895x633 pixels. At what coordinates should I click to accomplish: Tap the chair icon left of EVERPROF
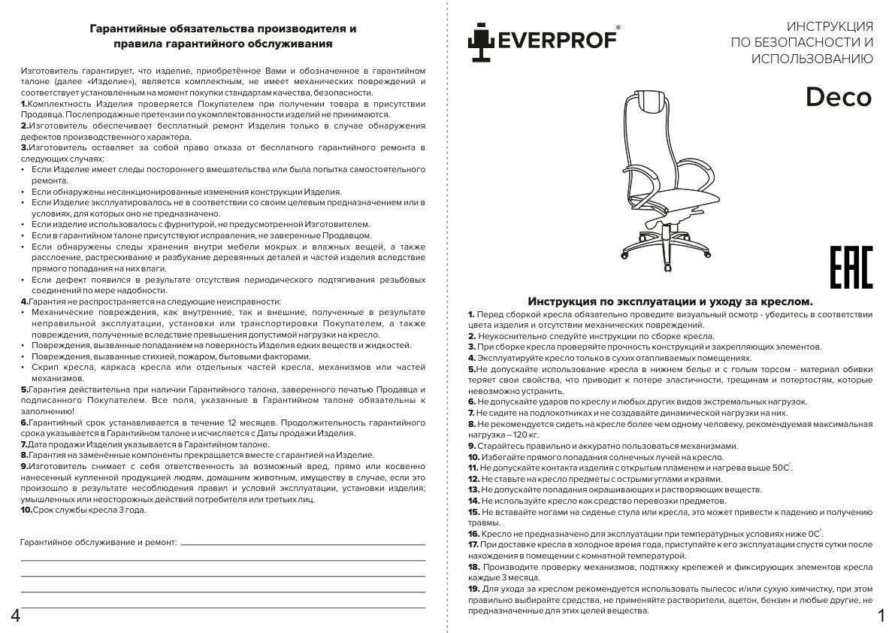pos(477,42)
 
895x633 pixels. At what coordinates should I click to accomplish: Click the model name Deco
pos(839,97)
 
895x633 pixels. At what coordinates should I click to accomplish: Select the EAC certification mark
pos(851,267)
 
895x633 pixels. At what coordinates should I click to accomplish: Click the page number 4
pos(14,616)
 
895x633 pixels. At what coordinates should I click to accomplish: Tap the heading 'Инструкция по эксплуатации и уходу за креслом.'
pos(670,301)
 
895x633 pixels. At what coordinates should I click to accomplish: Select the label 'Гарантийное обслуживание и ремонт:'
pos(98,541)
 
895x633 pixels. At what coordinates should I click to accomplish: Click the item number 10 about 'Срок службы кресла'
pos(26,510)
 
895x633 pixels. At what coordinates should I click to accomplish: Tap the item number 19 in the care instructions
pos(473,589)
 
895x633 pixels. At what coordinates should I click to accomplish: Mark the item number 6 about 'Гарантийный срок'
pos(24,423)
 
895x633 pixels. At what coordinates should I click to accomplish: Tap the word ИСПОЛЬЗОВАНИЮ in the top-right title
pos(812,59)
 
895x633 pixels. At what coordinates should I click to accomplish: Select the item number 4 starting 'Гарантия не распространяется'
pos(24,301)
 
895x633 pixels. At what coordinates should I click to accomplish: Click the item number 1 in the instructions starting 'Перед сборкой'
pos(470,313)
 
